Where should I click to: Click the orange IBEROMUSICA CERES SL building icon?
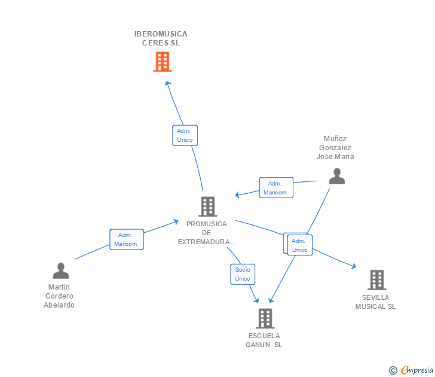162,62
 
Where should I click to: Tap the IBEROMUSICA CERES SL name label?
161,38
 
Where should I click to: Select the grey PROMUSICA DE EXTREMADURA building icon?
207,206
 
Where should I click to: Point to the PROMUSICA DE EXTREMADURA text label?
206,233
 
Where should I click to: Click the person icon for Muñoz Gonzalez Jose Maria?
337,176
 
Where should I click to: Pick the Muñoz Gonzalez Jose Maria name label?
335,148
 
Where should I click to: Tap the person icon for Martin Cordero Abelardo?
60,271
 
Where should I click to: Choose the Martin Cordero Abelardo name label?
59,296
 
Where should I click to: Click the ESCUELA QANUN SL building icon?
265,318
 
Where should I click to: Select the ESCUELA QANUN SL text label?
264,340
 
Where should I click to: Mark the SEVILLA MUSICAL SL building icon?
376,279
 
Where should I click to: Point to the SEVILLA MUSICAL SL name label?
375,302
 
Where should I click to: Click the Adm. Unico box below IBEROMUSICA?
185,135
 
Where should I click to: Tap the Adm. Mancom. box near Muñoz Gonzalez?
276,188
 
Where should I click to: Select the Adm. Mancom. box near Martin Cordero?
127,239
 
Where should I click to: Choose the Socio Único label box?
243,274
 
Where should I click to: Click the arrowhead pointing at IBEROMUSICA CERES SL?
167,84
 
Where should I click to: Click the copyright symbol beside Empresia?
393,370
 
